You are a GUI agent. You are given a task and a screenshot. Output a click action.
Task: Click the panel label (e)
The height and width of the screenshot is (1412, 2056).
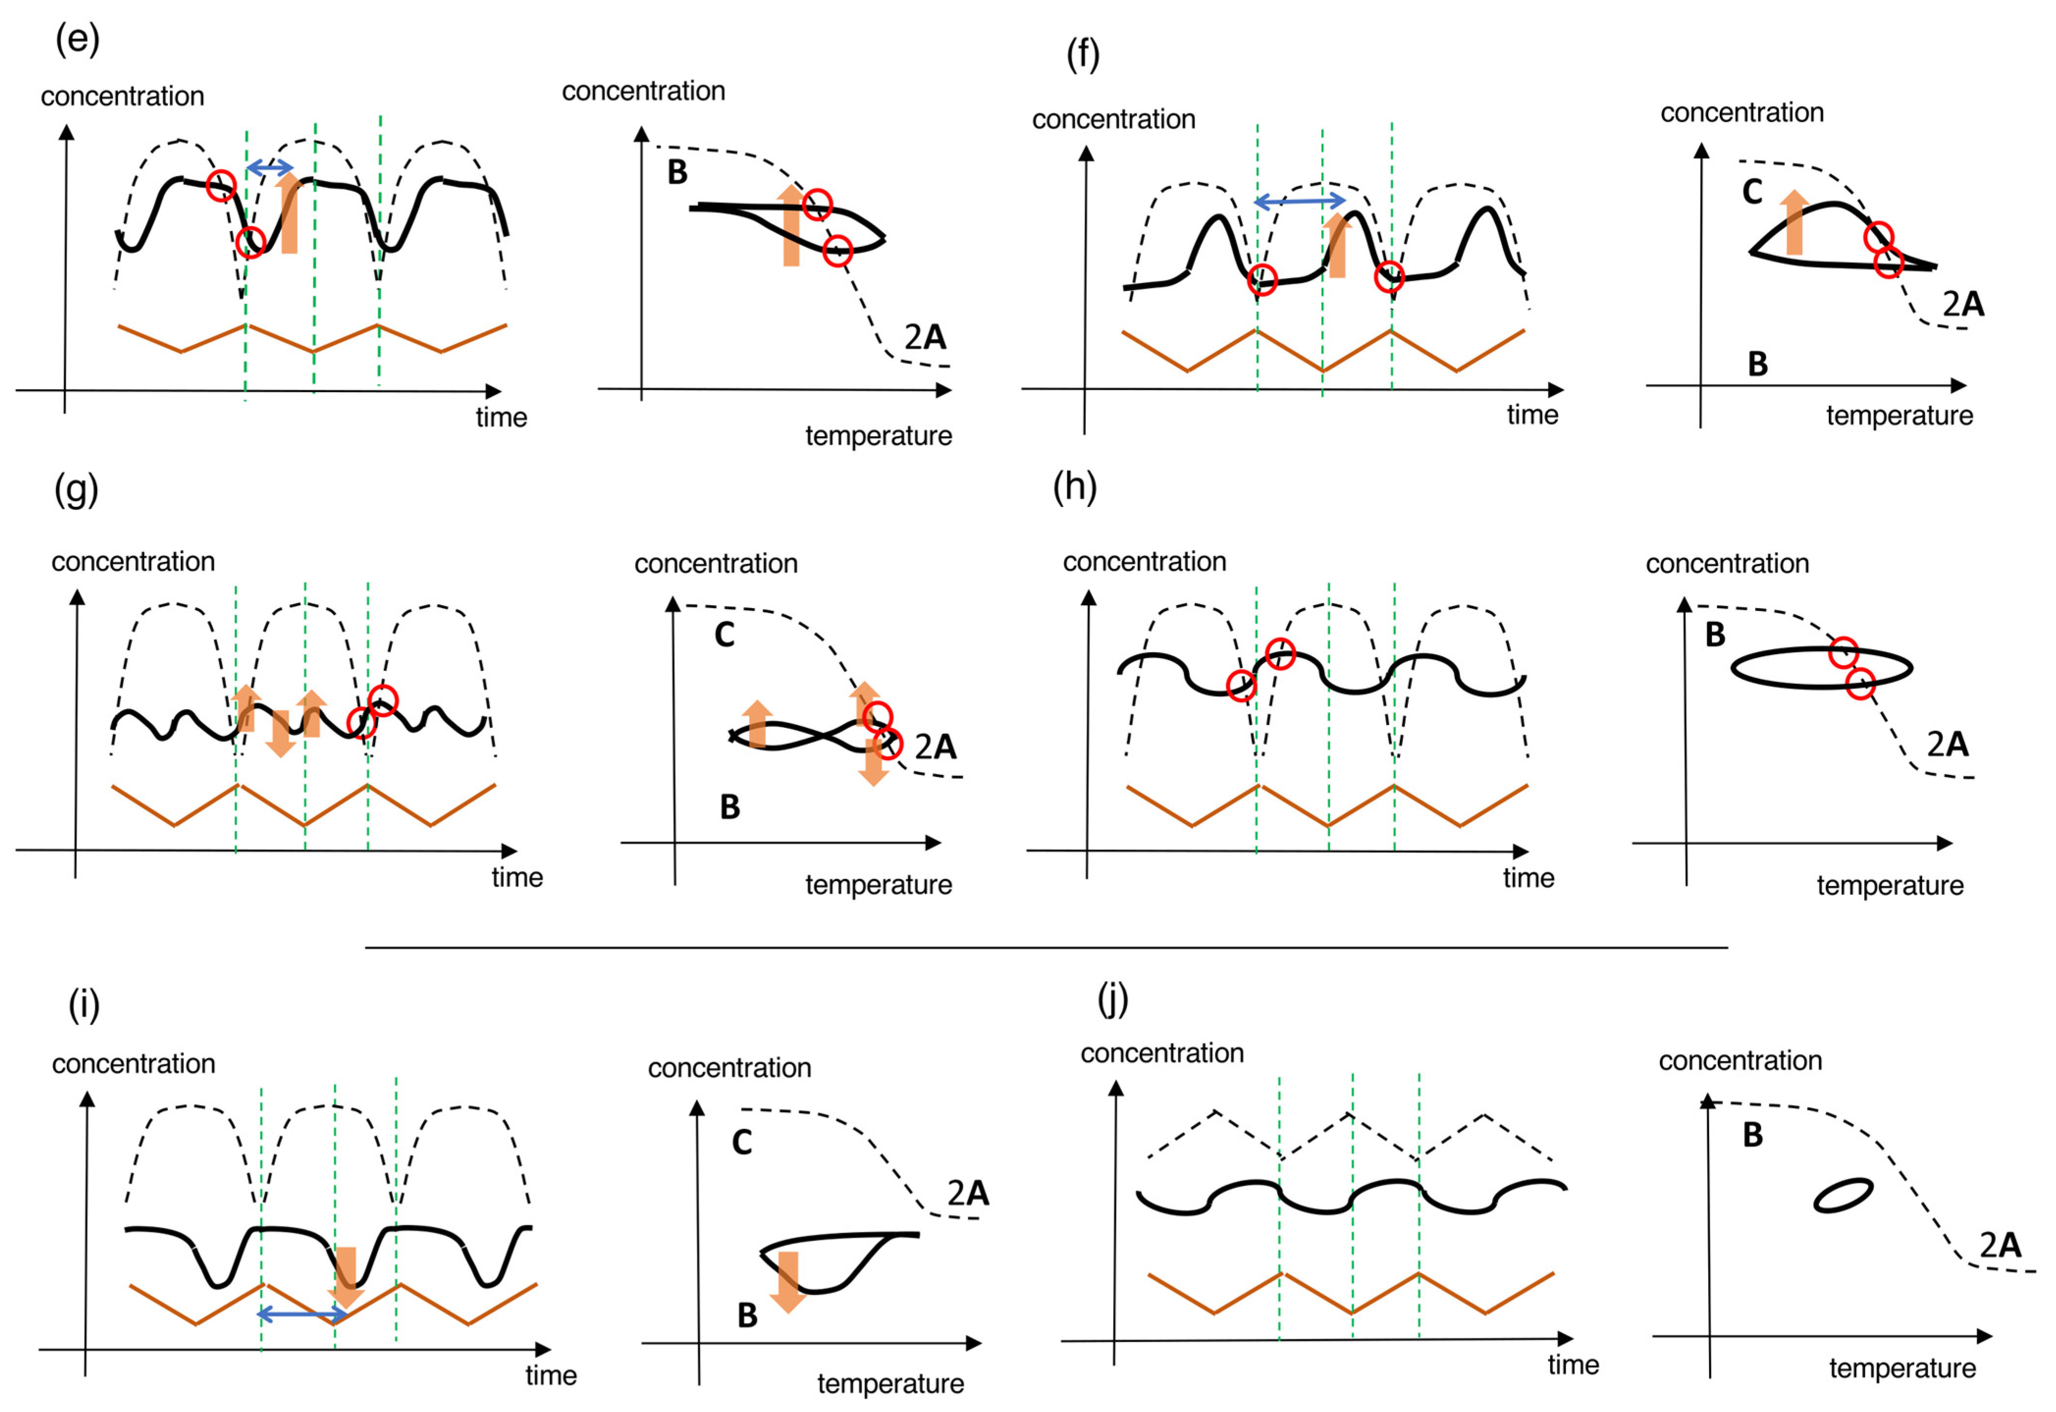[x=77, y=40]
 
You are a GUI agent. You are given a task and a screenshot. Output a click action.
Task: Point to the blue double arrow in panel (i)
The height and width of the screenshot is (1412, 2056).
[x=302, y=1315]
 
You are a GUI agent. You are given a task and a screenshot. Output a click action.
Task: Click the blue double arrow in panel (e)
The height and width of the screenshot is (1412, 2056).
[x=269, y=167]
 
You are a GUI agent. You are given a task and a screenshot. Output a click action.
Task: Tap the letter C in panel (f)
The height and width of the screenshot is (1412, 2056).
[x=1752, y=192]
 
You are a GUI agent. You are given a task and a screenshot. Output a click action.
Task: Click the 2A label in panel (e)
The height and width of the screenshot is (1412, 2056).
[x=924, y=337]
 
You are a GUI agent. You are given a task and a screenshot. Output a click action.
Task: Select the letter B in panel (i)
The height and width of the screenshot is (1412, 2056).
[x=747, y=1316]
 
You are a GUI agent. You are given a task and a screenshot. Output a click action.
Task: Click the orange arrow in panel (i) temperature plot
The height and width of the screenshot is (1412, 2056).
[x=787, y=1280]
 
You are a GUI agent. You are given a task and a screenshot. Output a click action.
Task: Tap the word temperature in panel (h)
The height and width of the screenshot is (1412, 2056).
[x=1890, y=885]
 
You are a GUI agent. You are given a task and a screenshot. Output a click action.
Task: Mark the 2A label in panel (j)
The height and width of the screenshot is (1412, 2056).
[x=2000, y=1246]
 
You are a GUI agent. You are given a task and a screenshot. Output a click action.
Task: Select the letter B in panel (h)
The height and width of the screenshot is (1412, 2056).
[x=1714, y=634]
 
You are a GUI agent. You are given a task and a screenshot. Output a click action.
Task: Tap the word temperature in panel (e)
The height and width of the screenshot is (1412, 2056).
[x=878, y=436]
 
